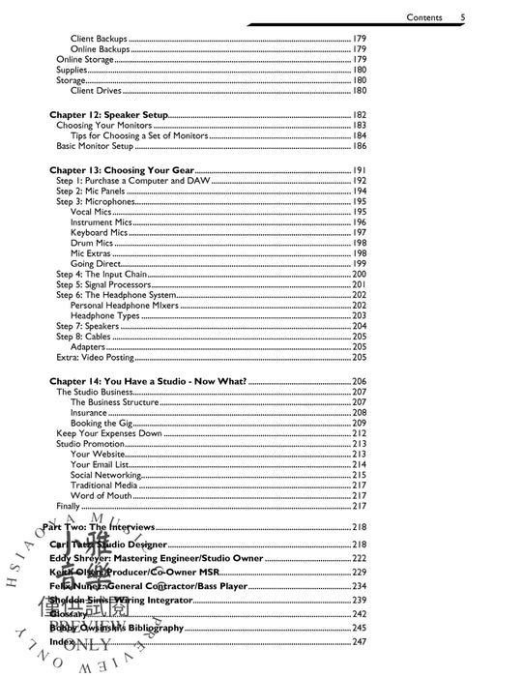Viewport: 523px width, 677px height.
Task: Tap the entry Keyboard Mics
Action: (x=99, y=233)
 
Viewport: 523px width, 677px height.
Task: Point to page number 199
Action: (x=359, y=264)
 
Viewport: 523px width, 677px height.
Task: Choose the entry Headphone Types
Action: (x=104, y=316)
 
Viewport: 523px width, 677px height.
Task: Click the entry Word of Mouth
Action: (x=102, y=496)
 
